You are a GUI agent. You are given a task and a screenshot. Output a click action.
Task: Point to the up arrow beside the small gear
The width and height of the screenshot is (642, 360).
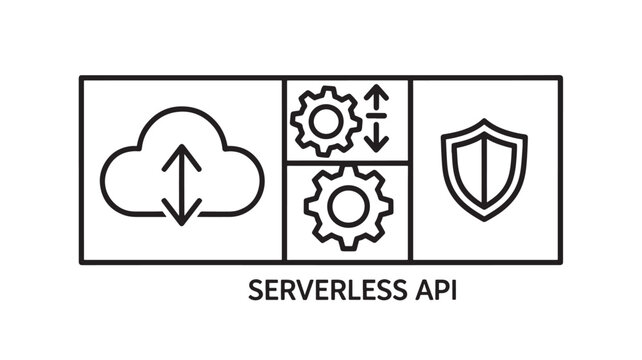[377, 99]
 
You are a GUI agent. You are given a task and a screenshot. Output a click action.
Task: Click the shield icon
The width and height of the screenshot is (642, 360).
[484, 168]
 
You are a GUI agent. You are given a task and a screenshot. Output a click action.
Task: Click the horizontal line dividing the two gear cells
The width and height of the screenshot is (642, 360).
[348, 162]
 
